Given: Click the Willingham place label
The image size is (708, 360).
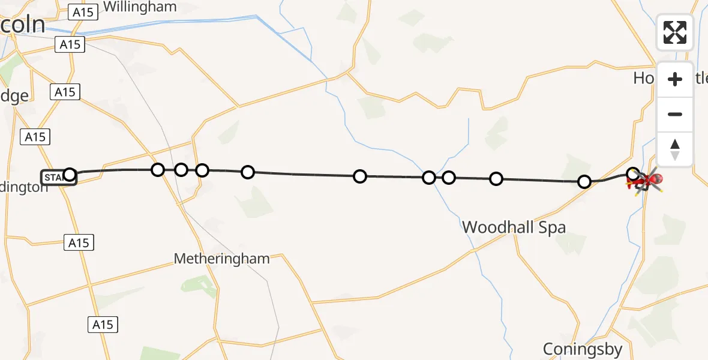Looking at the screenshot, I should pyautogui.click(x=140, y=7).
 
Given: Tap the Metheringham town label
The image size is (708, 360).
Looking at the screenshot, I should pyautogui.click(x=221, y=259).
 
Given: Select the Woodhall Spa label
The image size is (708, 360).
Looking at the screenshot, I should pyautogui.click(x=514, y=227).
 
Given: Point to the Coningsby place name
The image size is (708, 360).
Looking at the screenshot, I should pyautogui.click(x=582, y=349).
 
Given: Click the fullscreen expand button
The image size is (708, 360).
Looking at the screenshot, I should pyautogui.click(x=674, y=32).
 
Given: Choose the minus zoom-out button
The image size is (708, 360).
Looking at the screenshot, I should pyautogui.click(x=674, y=115).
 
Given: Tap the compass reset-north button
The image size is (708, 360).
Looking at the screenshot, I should pyautogui.click(x=674, y=149).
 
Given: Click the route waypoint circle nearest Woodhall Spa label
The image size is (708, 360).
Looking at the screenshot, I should pyautogui.click(x=496, y=178).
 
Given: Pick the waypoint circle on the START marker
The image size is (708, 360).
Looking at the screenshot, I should pyautogui.click(x=70, y=175).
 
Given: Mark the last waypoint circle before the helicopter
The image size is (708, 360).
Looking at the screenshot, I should pyautogui.click(x=632, y=175).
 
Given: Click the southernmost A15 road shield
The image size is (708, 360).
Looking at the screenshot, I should pyautogui.click(x=103, y=325).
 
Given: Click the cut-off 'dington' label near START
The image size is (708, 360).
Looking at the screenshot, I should pyautogui.click(x=24, y=187).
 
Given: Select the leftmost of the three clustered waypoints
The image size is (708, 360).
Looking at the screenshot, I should pyautogui.click(x=158, y=170).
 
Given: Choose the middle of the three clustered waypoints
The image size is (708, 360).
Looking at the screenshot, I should pyautogui.click(x=181, y=170).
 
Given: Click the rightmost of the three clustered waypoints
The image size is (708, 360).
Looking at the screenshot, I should pyautogui.click(x=202, y=170).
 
